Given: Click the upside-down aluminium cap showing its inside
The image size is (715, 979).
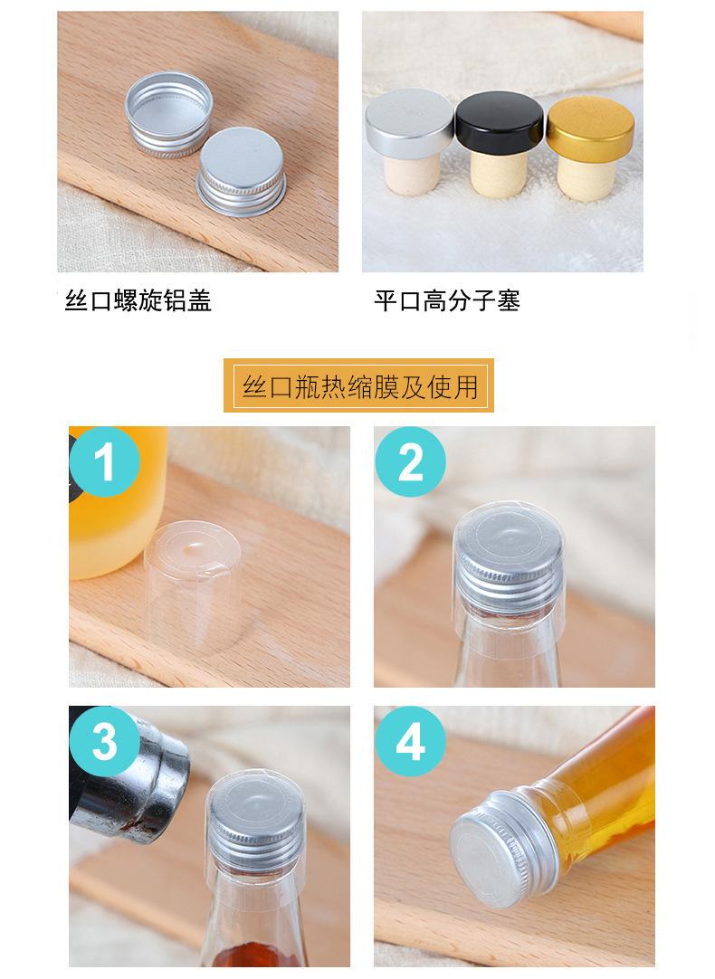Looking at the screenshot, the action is pyautogui.click(x=168, y=114).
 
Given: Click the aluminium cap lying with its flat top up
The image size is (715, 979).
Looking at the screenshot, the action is pyautogui.click(x=242, y=172).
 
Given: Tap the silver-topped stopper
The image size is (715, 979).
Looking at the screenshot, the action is pyautogui.click(x=409, y=141).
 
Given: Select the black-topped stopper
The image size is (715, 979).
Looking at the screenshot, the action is pyautogui.click(x=500, y=144).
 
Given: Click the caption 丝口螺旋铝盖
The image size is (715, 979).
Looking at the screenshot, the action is pyautogui.click(x=138, y=301).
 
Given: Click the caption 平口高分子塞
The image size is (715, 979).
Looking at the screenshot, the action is pyautogui.click(x=447, y=301).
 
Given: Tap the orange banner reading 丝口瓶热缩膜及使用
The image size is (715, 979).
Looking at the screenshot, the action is pyautogui.click(x=358, y=385).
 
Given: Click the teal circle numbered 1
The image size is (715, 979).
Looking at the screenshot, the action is pyautogui.click(x=104, y=462).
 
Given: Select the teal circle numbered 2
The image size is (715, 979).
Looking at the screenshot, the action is pyautogui.click(x=410, y=462).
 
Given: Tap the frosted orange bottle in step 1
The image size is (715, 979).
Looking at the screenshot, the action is pyautogui.click(x=118, y=502).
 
